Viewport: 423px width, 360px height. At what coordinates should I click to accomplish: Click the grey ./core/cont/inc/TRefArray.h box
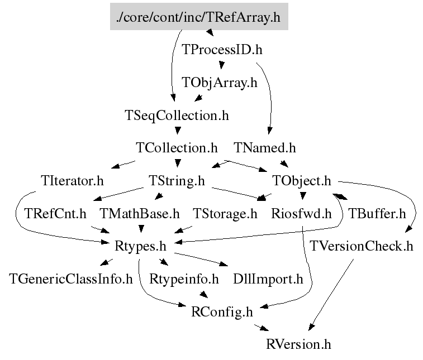198,17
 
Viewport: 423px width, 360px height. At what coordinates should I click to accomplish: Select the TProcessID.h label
222,50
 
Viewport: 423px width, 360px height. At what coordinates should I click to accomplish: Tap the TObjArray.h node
220,83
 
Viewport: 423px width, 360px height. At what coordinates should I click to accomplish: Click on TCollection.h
177,148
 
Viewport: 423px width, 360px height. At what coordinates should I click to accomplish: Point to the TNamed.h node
265,148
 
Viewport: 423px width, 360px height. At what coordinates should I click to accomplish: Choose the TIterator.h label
73,181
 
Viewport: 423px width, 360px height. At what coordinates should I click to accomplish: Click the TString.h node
177,181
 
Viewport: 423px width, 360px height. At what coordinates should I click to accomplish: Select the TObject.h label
302,181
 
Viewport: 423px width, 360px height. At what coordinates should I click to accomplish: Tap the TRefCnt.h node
55,213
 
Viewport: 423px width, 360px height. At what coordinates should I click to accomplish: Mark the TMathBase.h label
140,213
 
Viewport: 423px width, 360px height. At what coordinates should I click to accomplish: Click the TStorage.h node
225,213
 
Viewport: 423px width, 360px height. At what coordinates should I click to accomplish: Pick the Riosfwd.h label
302,213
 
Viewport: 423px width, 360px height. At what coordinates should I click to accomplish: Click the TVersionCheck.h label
362,246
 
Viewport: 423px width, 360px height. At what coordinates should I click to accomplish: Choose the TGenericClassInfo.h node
71,279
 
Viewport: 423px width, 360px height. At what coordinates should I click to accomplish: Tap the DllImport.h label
268,279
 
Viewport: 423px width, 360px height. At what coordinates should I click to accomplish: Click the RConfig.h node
221,311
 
